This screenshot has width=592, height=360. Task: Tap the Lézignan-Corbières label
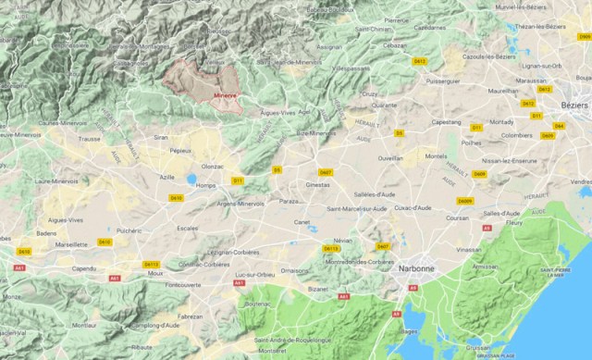tap(231, 252)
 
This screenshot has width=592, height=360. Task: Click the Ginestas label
tap(318, 185)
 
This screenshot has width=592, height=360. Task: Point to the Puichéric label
tap(130, 230)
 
